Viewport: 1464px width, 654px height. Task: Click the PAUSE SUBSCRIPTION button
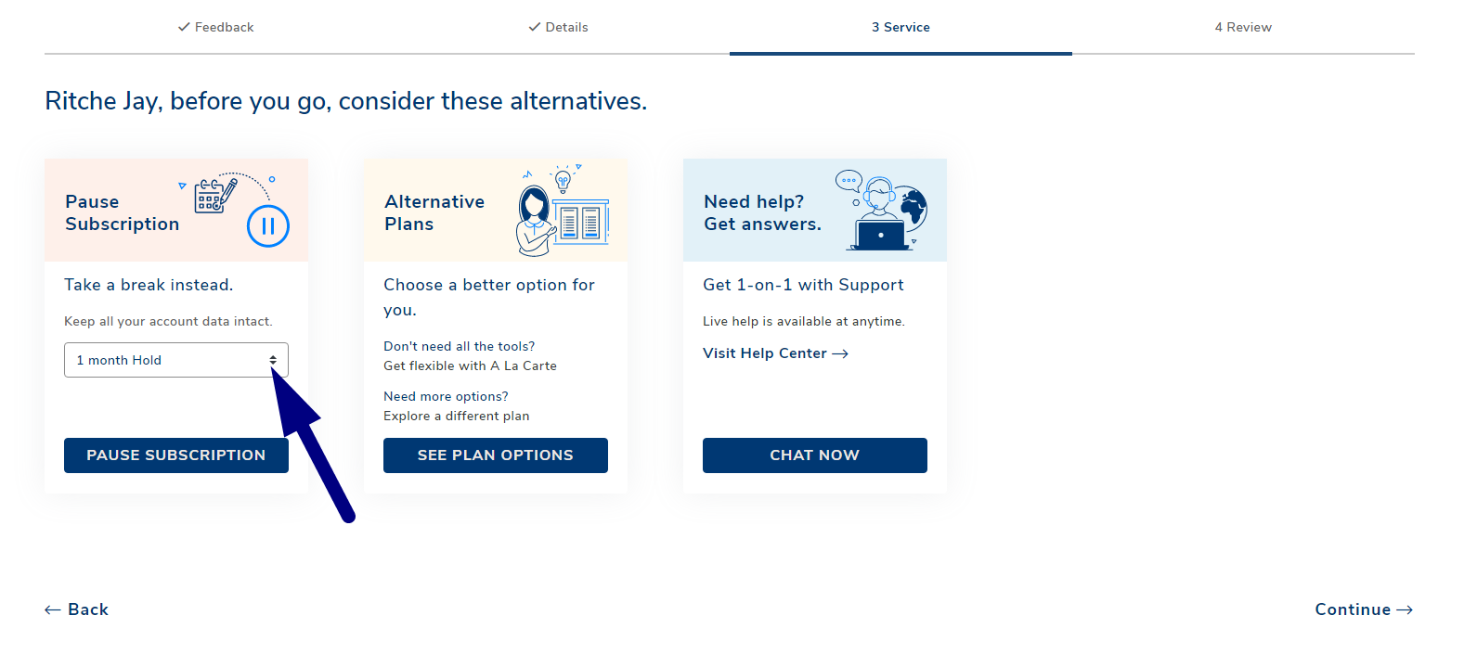(x=175, y=455)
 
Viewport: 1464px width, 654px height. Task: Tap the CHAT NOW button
(x=814, y=455)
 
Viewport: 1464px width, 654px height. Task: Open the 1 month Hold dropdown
(x=175, y=360)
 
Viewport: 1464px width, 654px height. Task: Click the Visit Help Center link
(x=775, y=353)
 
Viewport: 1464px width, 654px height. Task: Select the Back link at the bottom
(x=76, y=609)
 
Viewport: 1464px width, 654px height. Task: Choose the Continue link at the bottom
(x=1364, y=609)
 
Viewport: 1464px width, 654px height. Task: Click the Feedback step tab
(x=215, y=28)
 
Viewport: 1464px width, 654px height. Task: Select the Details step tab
(x=558, y=28)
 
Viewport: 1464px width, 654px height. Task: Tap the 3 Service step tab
(x=900, y=28)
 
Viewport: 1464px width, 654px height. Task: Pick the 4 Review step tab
(x=1243, y=28)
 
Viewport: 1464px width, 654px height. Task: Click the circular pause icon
(x=268, y=226)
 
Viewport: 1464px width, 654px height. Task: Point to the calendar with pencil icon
(x=215, y=196)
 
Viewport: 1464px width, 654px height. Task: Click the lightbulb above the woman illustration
(x=563, y=179)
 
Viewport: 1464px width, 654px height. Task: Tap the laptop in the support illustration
(x=880, y=236)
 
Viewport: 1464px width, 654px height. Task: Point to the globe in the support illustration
(x=913, y=208)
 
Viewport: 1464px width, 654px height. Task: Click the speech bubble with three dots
(x=849, y=180)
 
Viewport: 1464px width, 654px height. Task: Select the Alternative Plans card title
(x=434, y=212)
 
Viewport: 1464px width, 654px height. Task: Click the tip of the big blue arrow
(x=272, y=368)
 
